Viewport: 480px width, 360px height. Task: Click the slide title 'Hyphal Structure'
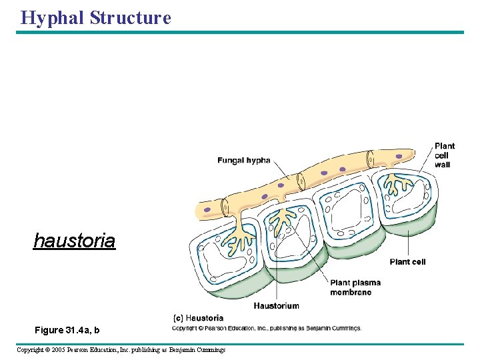[x=96, y=17]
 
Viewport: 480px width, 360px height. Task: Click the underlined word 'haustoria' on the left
[x=74, y=240]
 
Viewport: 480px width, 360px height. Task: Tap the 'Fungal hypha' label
[x=243, y=160]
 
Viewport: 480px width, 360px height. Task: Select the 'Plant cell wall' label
[x=444, y=155]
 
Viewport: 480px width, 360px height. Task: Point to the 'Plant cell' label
[x=407, y=262]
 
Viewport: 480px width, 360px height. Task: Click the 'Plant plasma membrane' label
[x=355, y=287]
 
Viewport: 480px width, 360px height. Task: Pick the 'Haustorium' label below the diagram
[x=276, y=306]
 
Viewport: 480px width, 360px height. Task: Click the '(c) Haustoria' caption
[x=198, y=318]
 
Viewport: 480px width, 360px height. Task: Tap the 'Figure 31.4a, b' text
[x=67, y=330]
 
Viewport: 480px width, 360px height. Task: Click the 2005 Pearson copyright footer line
[x=121, y=349]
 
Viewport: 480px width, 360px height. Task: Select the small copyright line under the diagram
[x=267, y=328]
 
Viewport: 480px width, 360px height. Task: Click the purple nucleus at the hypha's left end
[x=207, y=209]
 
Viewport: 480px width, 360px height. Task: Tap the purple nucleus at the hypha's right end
[x=399, y=157]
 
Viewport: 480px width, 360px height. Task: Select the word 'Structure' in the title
[x=131, y=17]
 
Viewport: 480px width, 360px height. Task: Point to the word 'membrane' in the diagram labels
[x=351, y=292]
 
